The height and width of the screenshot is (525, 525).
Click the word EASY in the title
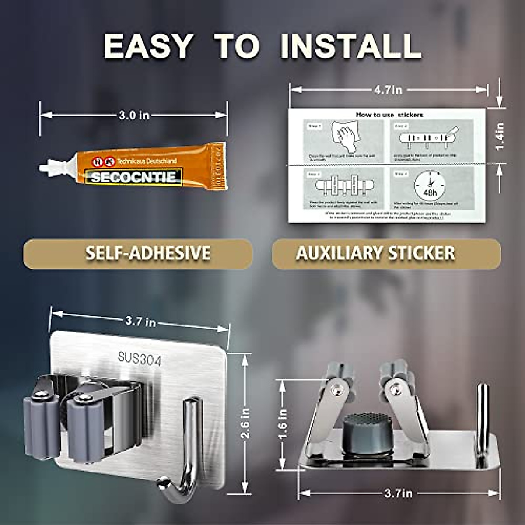point(148,45)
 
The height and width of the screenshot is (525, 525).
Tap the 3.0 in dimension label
point(134,115)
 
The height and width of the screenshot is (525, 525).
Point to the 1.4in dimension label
point(500,136)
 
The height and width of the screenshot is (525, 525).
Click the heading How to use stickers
point(389,115)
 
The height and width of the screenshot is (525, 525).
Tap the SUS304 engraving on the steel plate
point(140,360)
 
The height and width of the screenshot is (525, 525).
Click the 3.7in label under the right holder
point(398,494)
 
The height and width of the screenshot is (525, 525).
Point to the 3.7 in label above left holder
point(140,322)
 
